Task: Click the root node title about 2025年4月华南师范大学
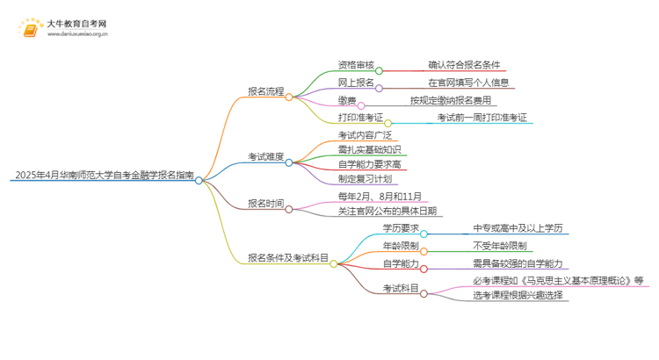(104, 176)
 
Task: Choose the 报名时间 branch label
(266, 205)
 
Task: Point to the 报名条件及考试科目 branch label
(287, 258)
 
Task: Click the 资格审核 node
(356, 64)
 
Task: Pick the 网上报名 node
(356, 82)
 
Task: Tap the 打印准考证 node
(360, 118)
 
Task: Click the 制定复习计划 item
(365, 178)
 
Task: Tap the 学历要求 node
(400, 228)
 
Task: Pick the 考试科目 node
(400, 288)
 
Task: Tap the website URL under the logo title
(78, 36)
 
